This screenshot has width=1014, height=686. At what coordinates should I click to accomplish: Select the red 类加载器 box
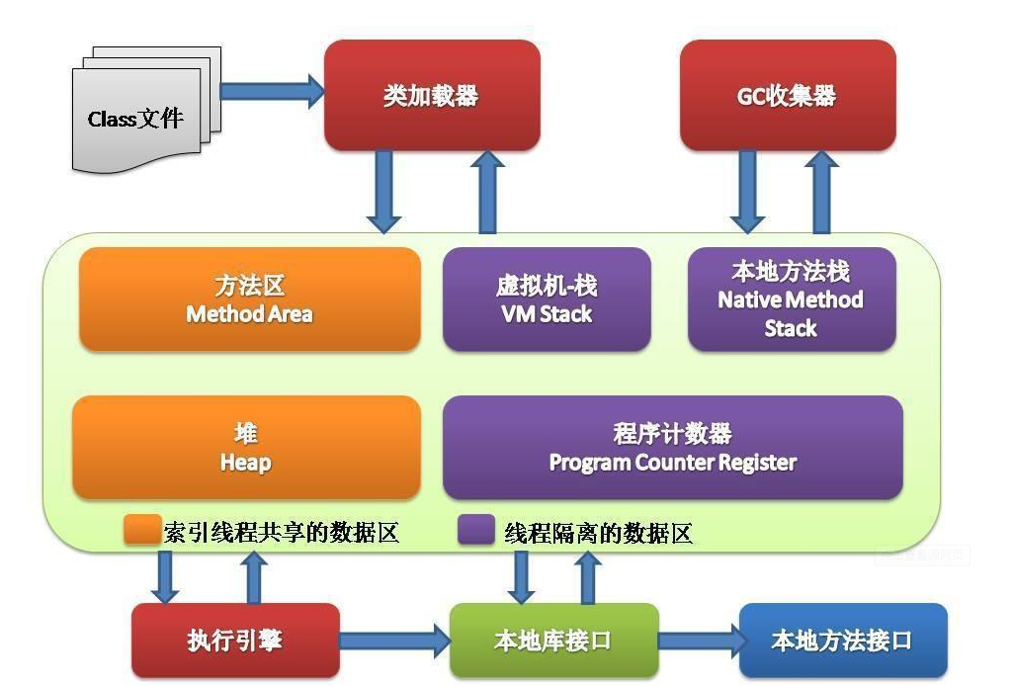[432, 96]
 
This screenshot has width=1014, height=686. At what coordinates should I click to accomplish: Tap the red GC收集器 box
[787, 96]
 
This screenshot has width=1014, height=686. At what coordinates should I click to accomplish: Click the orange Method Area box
[249, 300]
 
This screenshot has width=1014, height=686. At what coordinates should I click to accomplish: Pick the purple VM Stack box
[546, 300]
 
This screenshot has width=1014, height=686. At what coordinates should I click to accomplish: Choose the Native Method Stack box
[791, 300]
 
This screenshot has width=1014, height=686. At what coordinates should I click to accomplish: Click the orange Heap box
[246, 448]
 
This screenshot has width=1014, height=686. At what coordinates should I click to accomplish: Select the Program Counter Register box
[672, 448]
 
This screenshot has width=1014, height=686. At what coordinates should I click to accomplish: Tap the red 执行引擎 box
[235, 641]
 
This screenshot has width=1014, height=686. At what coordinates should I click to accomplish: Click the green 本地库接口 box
[553, 641]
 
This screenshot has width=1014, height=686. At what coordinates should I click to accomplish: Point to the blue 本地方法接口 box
[842, 641]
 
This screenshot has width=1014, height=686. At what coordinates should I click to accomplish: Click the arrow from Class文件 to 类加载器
[273, 92]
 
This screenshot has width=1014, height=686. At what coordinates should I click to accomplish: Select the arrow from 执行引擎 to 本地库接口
[394, 641]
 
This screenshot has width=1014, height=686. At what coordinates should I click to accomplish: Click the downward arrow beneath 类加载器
[383, 192]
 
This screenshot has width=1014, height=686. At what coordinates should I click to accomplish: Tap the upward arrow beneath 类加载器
[486, 192]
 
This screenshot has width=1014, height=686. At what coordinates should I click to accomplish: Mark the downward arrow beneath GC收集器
[747, 192]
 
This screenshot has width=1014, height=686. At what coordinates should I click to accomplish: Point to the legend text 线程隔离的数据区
[598, 534]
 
